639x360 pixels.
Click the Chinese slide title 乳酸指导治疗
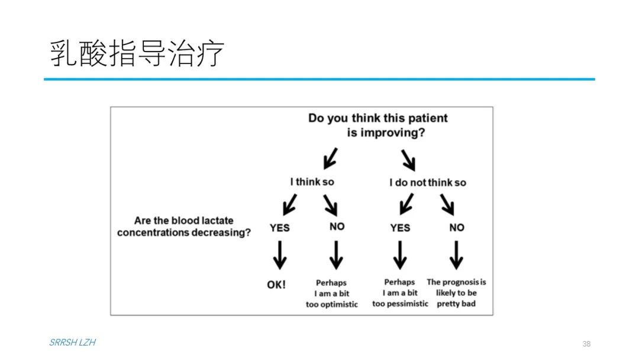click(137, 53)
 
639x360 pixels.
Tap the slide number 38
click(586, 343)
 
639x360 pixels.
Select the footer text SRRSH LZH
click(73, 342)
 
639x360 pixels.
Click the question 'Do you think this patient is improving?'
click(377, 125)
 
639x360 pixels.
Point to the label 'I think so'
click(312, 182)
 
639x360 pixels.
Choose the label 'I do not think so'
click(428, 182)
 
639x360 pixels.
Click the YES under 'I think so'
click(279, 228)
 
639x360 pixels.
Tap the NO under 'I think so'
click(337, 227)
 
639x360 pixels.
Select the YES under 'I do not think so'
click(400, 228)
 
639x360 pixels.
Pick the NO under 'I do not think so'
click(457, 227)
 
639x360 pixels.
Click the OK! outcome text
click(276, 285)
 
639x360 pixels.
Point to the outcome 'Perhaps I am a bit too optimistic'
click(332, 294)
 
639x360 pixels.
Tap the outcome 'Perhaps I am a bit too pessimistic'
click(400, 292)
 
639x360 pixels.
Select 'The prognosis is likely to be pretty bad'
click(456, 292)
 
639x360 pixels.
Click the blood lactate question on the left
click(184, 226)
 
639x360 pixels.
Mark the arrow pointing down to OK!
click(279, 255)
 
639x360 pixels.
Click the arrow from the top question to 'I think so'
click(331, 159)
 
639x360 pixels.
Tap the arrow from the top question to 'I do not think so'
click(408, 160)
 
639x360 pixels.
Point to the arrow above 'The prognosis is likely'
click(456, 255)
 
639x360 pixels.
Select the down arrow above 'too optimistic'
click(336, 255)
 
